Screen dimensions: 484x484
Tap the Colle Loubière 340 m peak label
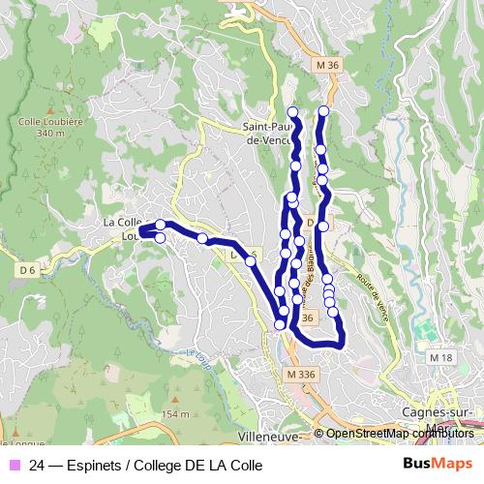click(x=40, y=127)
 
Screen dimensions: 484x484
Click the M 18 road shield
click(x=440, y=358)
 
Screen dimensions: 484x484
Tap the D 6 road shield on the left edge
click(x=27, y=268)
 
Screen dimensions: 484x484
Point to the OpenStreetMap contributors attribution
click(x=400, y=434)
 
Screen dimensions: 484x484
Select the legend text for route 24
click(x=146, y=465)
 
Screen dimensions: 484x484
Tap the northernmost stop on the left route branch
click(x=292, y=111)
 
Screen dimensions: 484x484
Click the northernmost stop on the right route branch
click(x=323, y=111)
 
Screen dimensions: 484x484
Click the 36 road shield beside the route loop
click(x=308, y=318)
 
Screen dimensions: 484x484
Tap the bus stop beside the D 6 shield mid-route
click(x=250, y=260)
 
